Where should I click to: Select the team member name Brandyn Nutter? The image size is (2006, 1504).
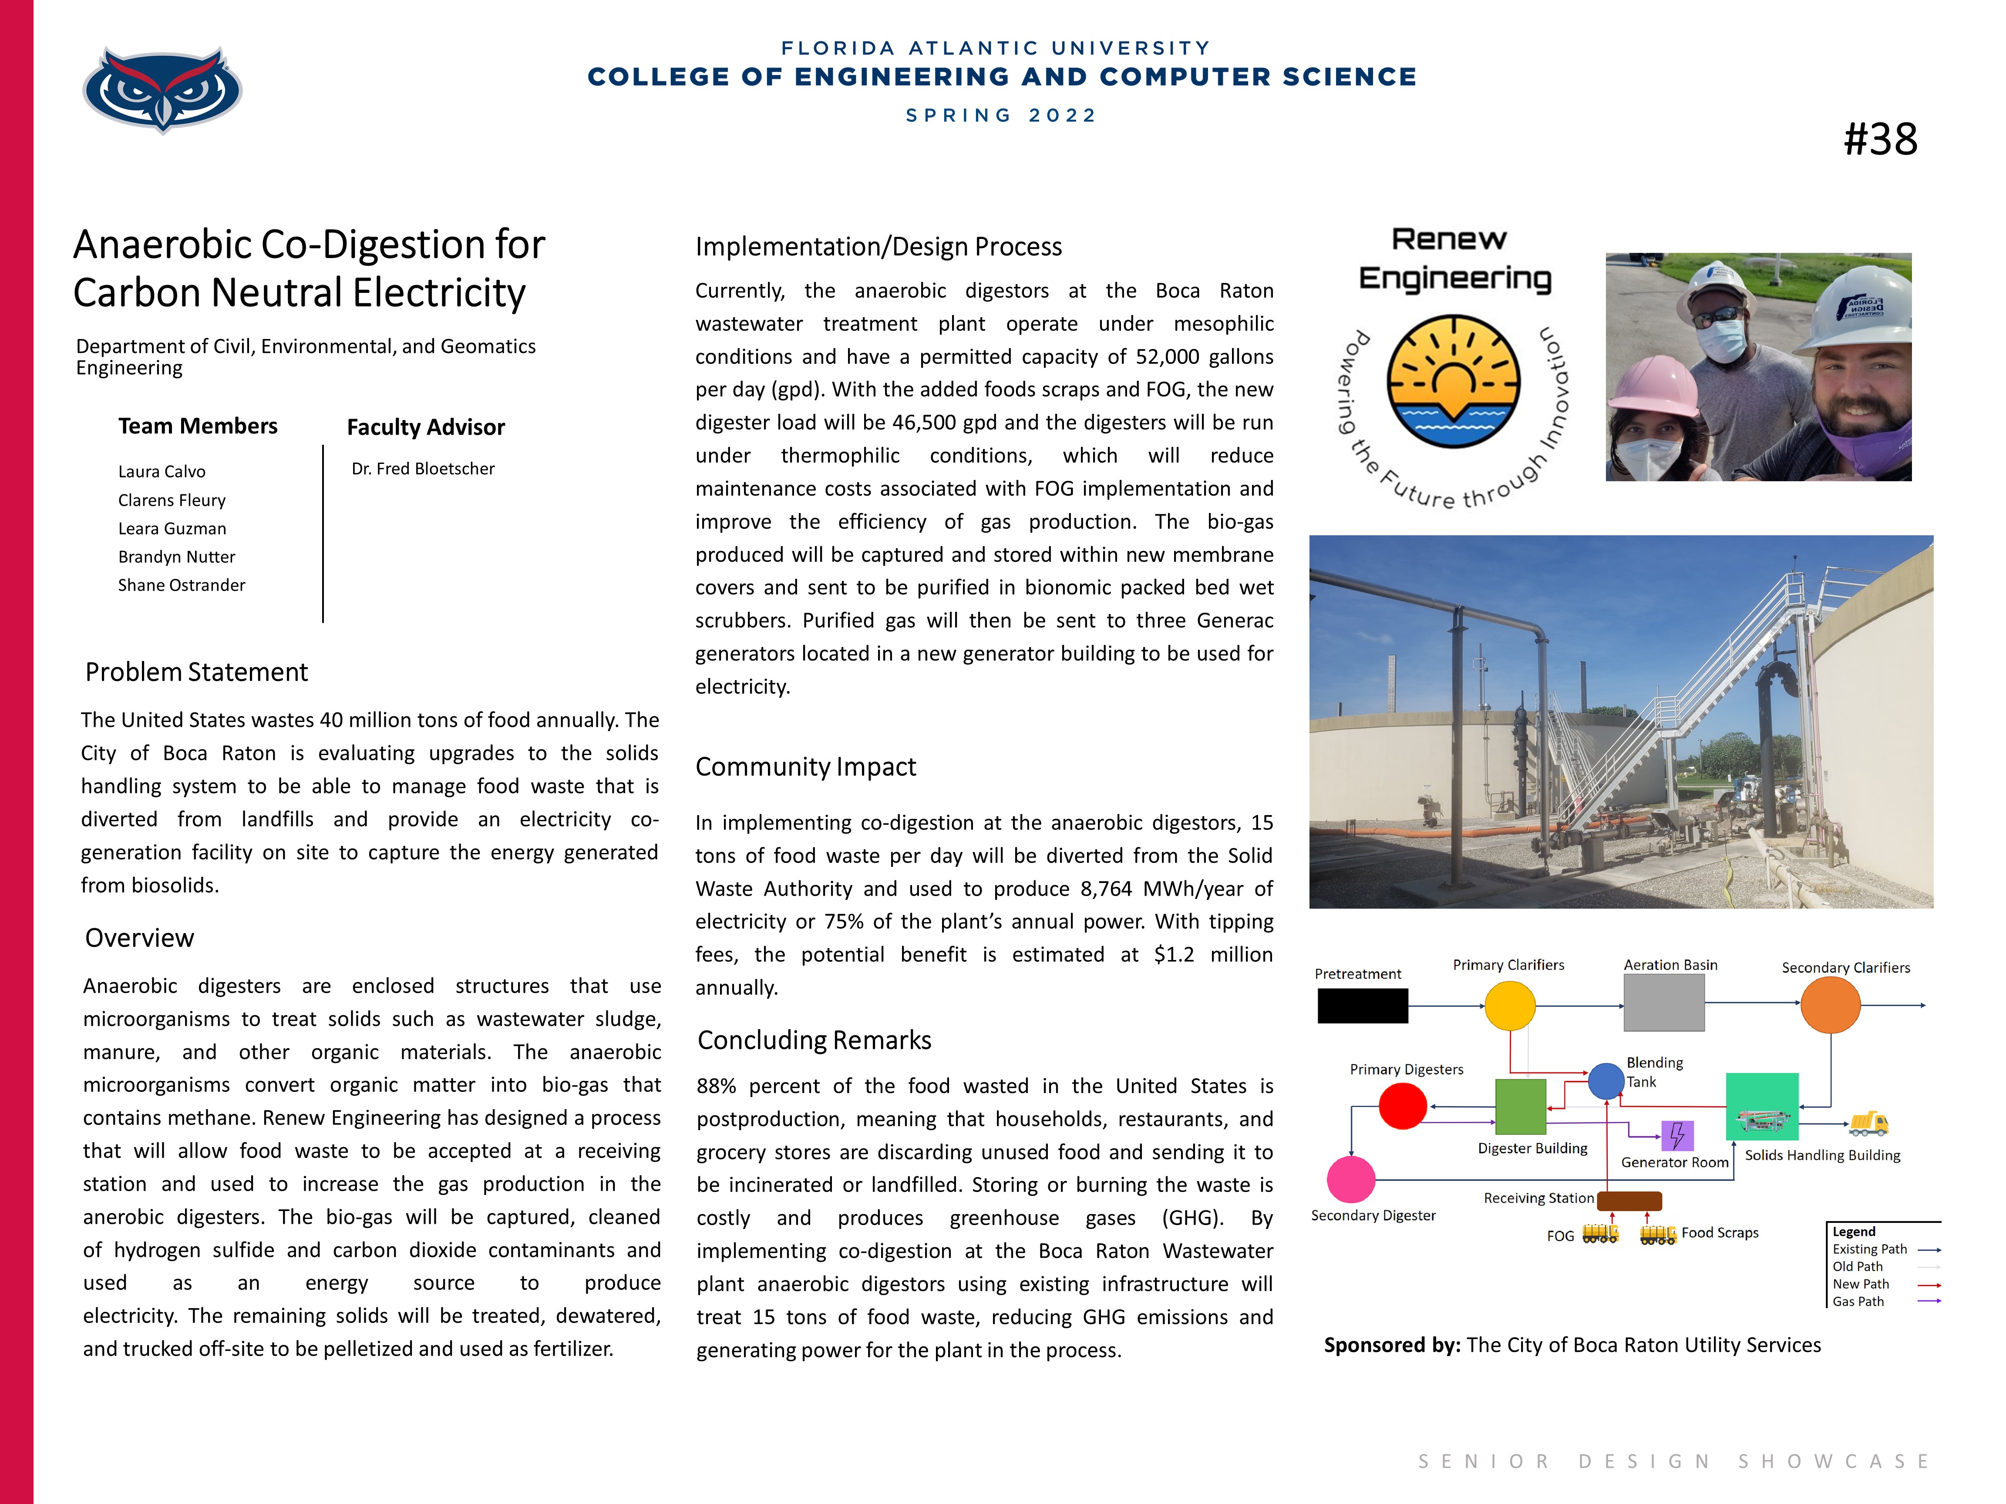click(177, 557)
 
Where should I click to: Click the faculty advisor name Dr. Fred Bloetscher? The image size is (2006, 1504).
click(424, 469)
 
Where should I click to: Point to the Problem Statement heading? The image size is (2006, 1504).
click(197, 672)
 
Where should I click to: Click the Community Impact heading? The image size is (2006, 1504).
click(805, 767)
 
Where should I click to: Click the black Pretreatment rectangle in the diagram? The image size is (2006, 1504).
click(1362, 1005)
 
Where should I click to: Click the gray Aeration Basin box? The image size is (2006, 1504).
click(1663, 1003)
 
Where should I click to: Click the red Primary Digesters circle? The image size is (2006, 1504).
click(1402, 1106)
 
